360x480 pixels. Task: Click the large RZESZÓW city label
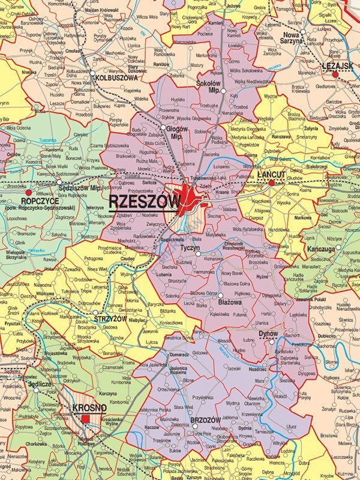144,201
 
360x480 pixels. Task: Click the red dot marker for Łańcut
271,182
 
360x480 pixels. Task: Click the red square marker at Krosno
86,418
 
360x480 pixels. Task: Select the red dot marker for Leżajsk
335,74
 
